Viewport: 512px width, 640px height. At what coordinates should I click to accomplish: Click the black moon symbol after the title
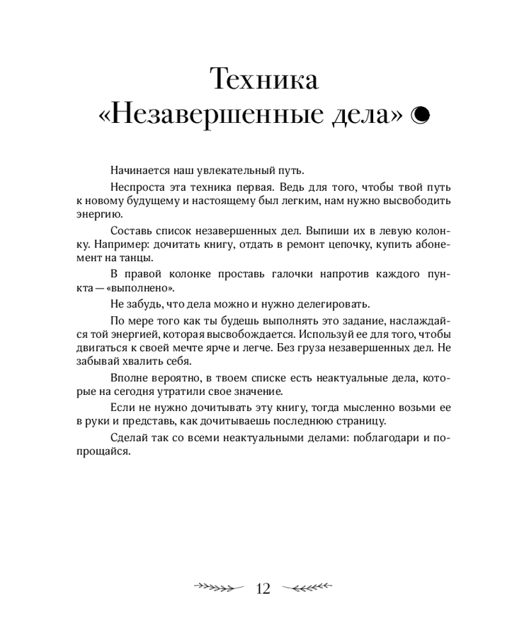420,115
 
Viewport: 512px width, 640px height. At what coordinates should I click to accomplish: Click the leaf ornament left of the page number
218,588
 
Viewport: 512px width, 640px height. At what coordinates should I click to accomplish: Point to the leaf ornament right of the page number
308,588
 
